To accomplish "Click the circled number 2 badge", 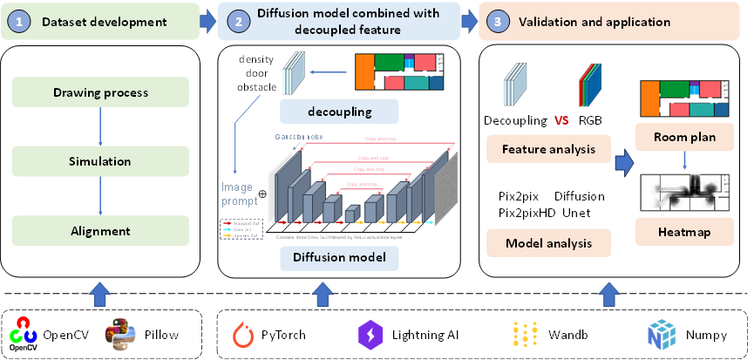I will pyautogui.click(x=234, y=21).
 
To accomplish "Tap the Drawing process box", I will pyautogui.click(x=100, y=92).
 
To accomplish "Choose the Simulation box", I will pyautogui.click(x=100, y=161).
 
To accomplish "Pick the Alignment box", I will pyautogui.click(x=100, y=231).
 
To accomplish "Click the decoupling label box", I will pyautogui.click(x=339, y=112).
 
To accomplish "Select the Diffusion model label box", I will pyautogui.click(x=339, y=258).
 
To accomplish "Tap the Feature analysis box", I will pyautogui.click(x=548, y=149).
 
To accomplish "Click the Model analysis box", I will pyautogui.click(x=548, y=243).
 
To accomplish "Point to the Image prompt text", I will pyautogui.click(x=240, y=194).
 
